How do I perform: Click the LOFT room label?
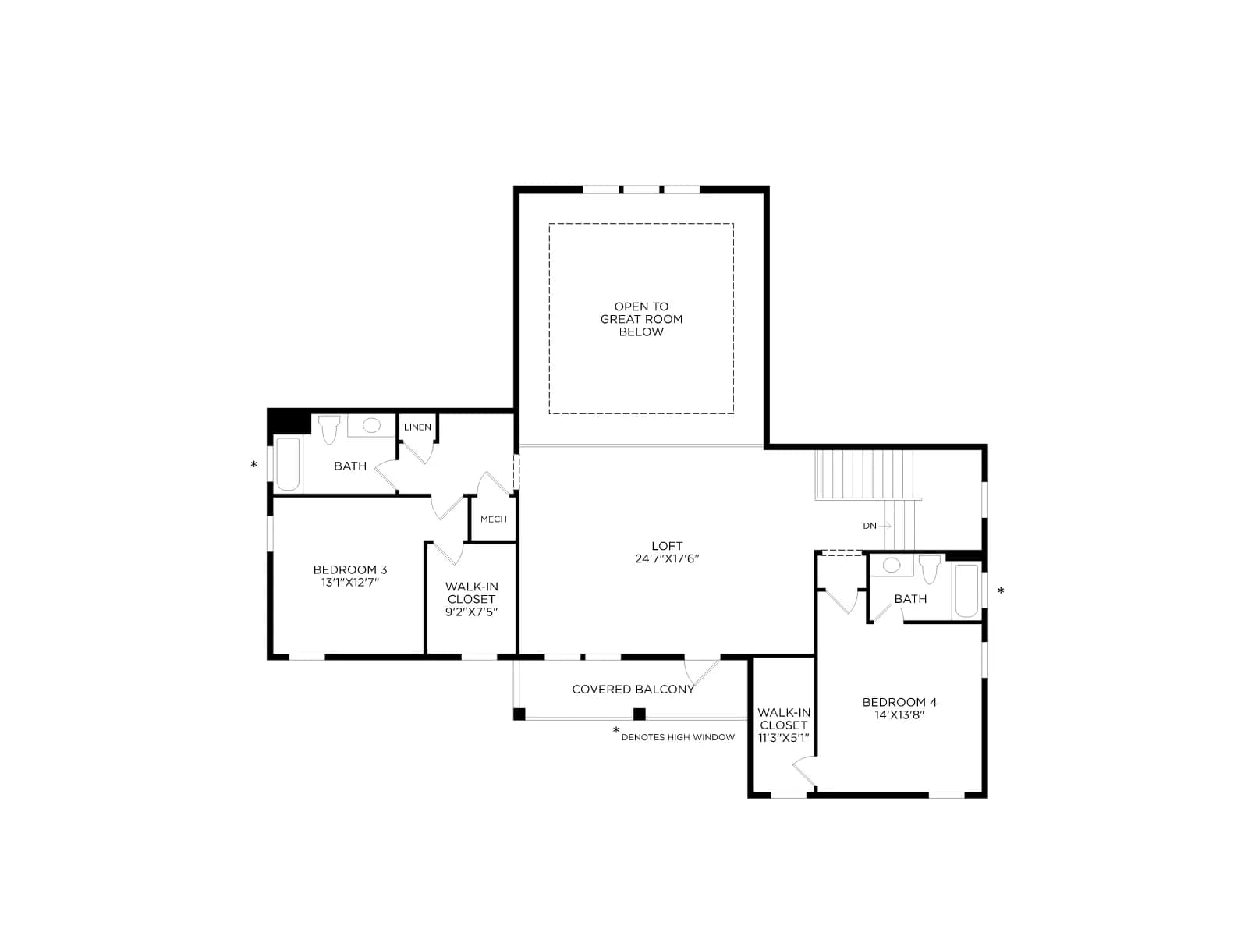[x=667, y=545]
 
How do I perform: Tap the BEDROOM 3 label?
[x=349, y=569]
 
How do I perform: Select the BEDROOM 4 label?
[x=899, y=702]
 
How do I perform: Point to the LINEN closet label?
[x=417, y=427]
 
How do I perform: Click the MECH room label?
[x=493, y=519]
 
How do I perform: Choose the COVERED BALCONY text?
[x=633, y=690]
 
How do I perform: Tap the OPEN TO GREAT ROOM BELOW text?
[x=641, y=319]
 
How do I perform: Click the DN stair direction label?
[x=870, y=526]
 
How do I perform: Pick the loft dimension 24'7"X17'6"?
[x=667, y=558]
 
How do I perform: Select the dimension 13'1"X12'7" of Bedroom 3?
[x=349, y=583]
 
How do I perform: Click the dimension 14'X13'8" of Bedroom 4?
[x=899, y=715]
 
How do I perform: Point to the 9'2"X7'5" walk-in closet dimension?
[x=471, y=612]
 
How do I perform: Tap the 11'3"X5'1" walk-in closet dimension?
[x=783, y=738]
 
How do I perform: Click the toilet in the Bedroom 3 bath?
[x=328, y=429]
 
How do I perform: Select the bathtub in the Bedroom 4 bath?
[x=966, y=590]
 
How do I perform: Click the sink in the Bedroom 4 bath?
[x=892, y=565]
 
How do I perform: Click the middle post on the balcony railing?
[x=640, y=714]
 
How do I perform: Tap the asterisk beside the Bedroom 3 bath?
[x=253, y=465]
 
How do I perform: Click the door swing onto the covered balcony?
[x=701, y=672]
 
